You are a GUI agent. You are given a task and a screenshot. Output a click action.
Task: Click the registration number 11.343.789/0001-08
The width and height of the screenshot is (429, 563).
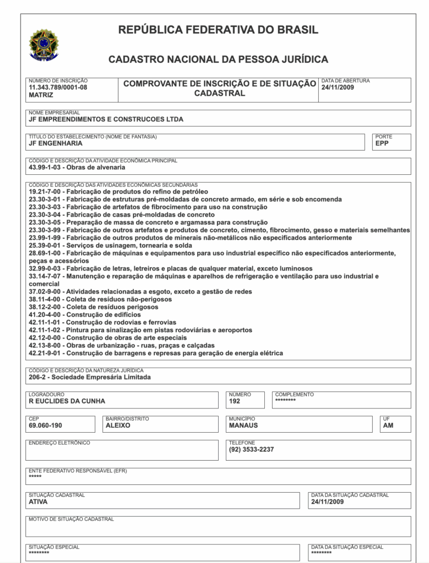click(x=58, y=87)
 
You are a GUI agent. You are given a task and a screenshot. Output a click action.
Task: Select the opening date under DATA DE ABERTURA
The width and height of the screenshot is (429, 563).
click(x=338, y=87)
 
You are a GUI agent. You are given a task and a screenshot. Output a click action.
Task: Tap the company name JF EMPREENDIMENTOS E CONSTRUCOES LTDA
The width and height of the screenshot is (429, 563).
click(x=106, y=119)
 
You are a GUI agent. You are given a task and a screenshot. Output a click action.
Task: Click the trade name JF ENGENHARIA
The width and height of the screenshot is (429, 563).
click(x=56, y=143)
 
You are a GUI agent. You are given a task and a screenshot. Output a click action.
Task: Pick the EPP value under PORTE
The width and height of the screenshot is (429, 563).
click(x=382, y=143)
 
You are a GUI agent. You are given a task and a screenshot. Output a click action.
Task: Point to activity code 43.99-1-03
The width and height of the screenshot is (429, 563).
click(x=47, y=167)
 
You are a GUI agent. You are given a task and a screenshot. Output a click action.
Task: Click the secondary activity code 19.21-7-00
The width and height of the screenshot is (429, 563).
click(x=47, y=191)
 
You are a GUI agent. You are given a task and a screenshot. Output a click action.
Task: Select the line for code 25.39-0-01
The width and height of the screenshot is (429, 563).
click(x=110, y=245)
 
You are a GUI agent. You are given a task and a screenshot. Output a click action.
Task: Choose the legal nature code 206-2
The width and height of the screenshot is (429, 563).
click(x=40, y=378)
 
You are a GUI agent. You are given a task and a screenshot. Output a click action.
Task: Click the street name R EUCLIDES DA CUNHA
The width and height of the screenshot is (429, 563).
click(x=67, y=401)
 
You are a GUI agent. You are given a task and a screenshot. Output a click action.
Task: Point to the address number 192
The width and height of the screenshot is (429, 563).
click(x=235, y=401)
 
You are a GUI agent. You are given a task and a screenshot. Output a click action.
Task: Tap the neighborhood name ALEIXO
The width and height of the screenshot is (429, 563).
click(x=118, y=426)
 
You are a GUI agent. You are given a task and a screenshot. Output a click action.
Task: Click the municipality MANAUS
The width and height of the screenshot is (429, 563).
click(x=243, y=426)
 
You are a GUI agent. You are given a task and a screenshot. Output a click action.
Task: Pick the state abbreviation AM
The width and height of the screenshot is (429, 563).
click(x=388, y=426)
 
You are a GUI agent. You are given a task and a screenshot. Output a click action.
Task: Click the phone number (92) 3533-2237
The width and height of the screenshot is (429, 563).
click(x=251, y=450)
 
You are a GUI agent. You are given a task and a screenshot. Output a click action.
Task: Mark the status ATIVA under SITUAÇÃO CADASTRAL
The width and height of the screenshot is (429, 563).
click(x=38, y=502)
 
